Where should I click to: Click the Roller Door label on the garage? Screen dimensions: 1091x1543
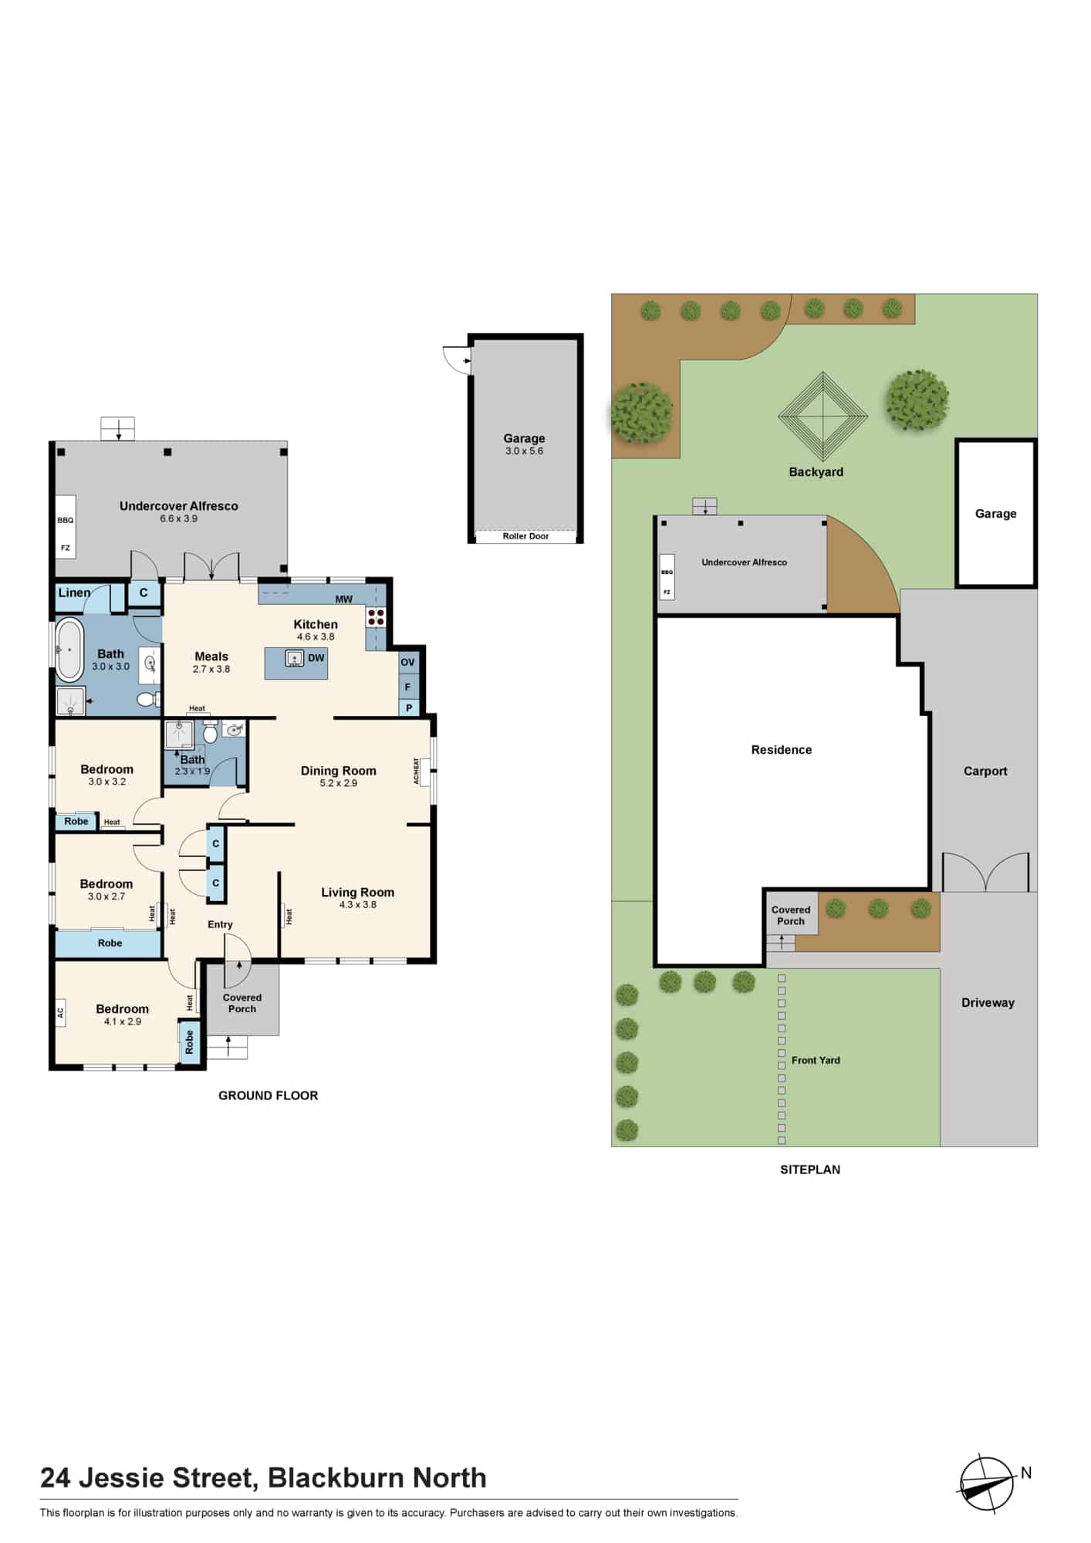click(x=525, y=536)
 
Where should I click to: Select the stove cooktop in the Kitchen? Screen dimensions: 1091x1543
click(x=376, y=617)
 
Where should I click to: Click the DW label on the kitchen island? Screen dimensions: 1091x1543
click(x=316, y=658)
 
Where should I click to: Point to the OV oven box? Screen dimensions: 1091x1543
click(x=408, y=662)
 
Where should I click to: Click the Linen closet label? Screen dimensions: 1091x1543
click(x=75, y=593)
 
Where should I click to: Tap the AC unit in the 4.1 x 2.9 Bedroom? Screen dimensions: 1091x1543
click(x=60, y=1012)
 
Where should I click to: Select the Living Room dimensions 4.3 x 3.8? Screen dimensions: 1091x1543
click(x=358, y=905)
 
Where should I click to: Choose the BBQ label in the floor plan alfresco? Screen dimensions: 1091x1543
click(x=66, y=520)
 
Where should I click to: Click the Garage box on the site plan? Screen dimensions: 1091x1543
click(x=996, y=513)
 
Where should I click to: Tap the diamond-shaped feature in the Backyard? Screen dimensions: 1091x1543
click(x=822, y=417)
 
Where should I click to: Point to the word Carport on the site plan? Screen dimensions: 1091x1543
click(x=985, y=771)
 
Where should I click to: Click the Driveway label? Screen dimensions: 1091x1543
click(x=988, y=1003)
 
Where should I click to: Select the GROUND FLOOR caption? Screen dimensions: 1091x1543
click(x=268, y=1096)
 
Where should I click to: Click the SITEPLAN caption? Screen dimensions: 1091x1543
click(x=810, y=1170)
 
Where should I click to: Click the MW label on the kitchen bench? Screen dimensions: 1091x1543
click(x=344, y=599)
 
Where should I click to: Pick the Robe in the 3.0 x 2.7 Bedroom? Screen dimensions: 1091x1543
click(x=110, y=943)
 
